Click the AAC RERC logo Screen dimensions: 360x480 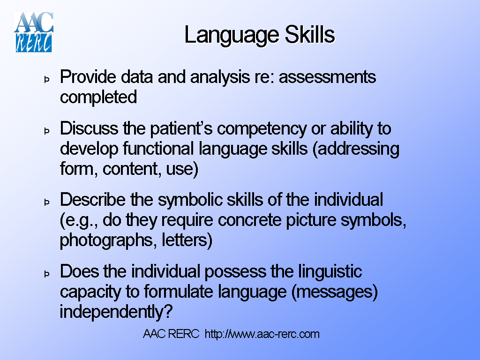(33, 32)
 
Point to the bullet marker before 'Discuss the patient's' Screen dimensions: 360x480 (47, 131)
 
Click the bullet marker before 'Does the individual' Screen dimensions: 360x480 (47, 274)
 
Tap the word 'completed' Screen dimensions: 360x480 (98, 97)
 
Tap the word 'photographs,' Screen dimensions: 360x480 (108, 240)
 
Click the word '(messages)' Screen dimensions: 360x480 (334, 292)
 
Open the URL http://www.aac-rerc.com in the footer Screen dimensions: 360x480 (262, 334)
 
